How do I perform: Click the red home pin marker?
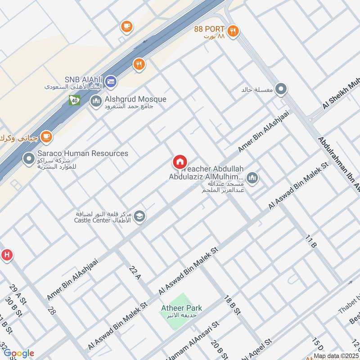tap(180, 162)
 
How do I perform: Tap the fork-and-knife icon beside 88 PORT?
tap(233, 31)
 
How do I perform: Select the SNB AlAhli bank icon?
tap(112, 81)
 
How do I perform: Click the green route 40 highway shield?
tap(75, 100)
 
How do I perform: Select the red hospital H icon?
tap(6, 255)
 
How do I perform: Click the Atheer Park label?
tap(182, 308)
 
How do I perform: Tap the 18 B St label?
tap(234, 307)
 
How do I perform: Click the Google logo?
tap(18, 352)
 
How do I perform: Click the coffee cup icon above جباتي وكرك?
tap(46, 136)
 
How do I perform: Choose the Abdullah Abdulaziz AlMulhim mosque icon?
tap(252, 178)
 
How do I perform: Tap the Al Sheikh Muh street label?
tap(341, 95)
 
